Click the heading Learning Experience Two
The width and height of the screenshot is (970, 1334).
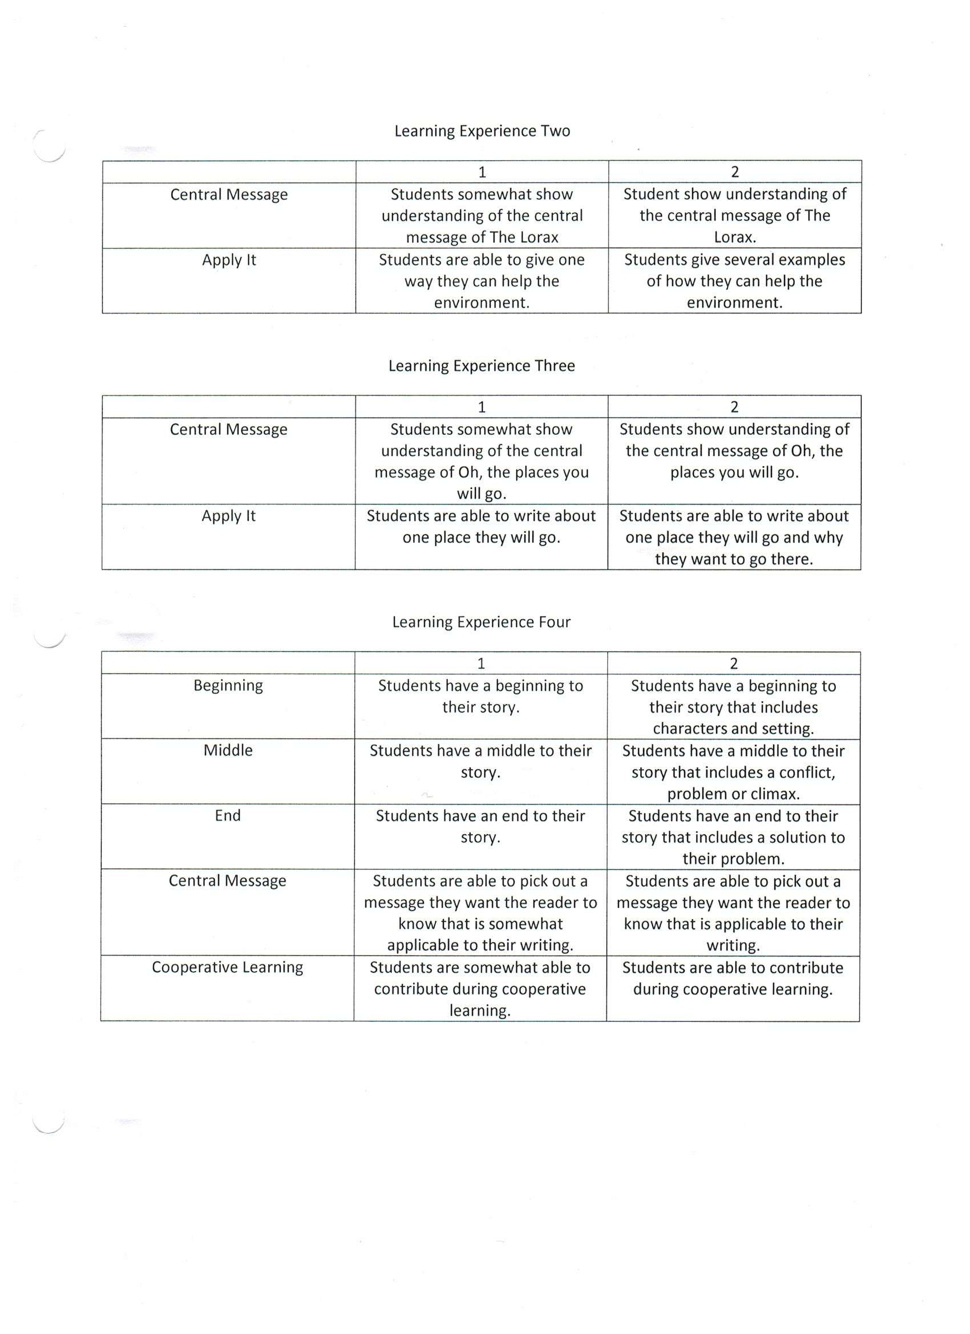click(x=482, y=131)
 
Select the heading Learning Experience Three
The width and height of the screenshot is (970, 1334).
click(x=481, y=365)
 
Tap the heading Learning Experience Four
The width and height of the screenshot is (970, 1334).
click(x=481, y=622)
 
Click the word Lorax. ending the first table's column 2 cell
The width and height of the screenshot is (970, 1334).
click(x=735, y=237)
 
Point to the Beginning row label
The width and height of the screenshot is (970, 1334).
click(x=228, y=685)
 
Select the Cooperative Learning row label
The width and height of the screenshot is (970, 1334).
click(x=227, y=967)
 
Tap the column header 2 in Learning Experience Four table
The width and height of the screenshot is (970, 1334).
click(x=734, y=664)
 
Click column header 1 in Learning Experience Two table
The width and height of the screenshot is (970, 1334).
click(x=482, y=172)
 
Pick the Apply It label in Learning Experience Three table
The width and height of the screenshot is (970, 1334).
click(x=228, y=516)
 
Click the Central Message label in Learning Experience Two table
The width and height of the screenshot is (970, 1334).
click(x=229, y=195)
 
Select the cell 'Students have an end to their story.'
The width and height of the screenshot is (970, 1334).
click(x=480, y=826)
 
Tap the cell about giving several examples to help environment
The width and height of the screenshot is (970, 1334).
click(x=734, y=281)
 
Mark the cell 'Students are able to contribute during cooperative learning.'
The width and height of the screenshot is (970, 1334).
click(x=733, y=978)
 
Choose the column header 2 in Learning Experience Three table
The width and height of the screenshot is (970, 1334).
click(x=734, y=407)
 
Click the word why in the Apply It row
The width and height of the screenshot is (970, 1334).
click(x=829, y=537)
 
